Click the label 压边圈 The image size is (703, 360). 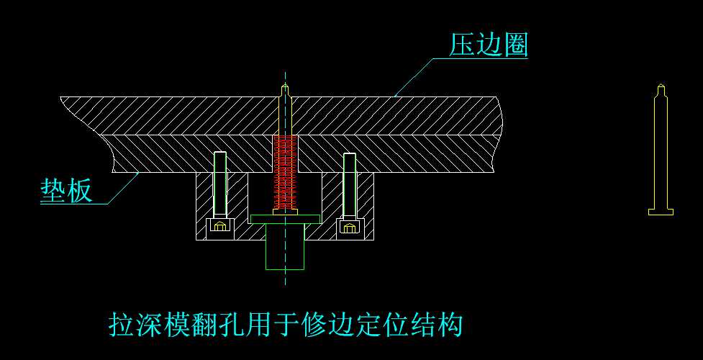pyautogui.click(x=489, y=45)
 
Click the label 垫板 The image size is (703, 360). pyautogui.click(x=65, y=191)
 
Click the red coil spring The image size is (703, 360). pyautogui.click(x=285, y=173)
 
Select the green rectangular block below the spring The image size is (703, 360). pyautogui.click(x=285, y=246)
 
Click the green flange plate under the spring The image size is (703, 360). pyautogui.click(x=285, y=218)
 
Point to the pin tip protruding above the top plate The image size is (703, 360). pyautogui.click(x=286, y=90)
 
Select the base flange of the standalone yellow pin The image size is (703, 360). pyautogui.click(x=661, y=212)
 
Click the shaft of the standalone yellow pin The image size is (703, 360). pyautogui.click(x=661, y=151)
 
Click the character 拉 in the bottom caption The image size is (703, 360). pyautogui.click(x=120, y=325)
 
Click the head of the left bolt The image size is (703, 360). pyautogui.click(x=220, y=228)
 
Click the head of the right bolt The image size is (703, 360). pyautogui.click(x=350, y=228)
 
